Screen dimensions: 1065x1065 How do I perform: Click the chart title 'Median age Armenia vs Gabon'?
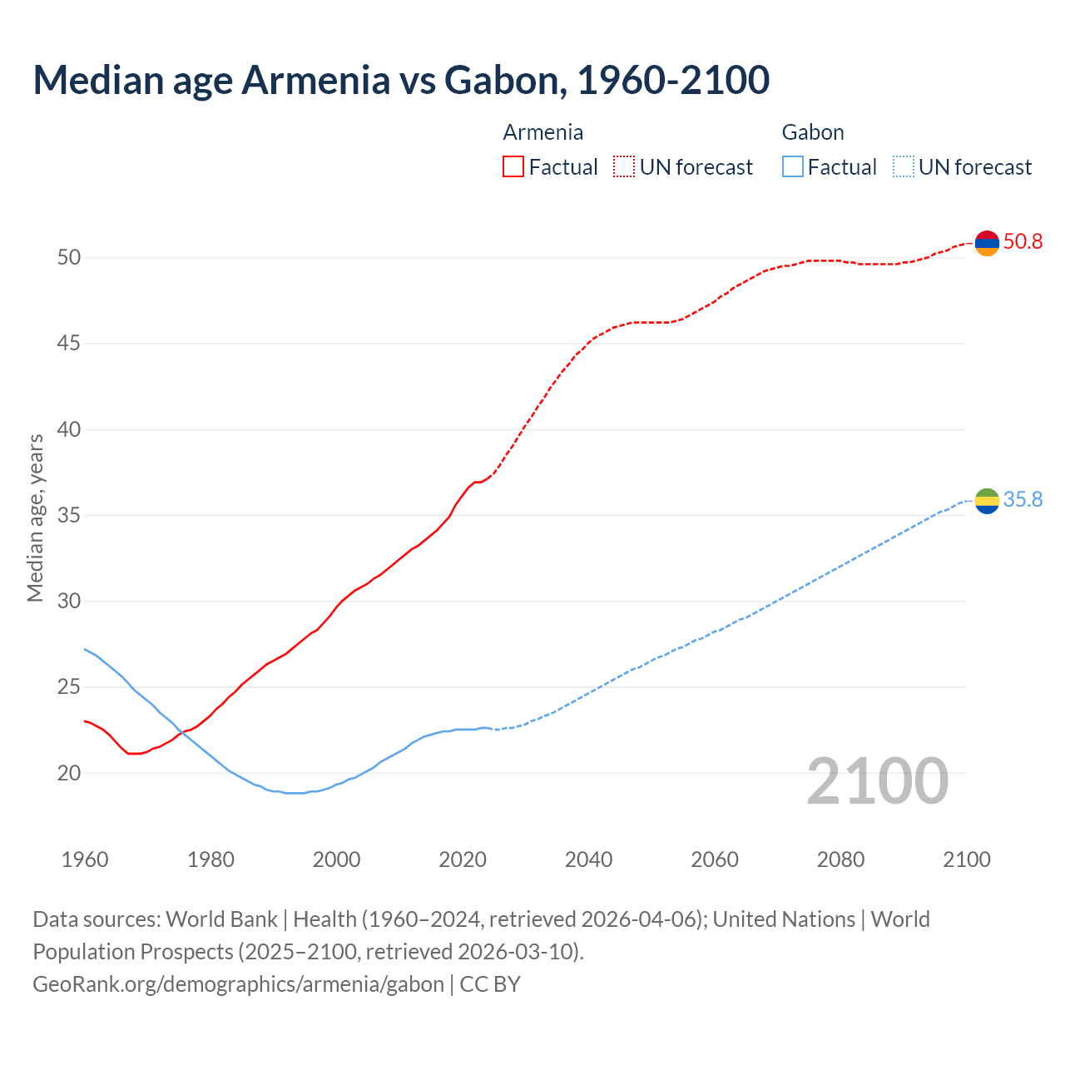coord(401,80)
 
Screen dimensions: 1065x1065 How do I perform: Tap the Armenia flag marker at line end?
coord(987,243)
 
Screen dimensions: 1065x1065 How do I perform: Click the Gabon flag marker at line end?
coord(987,501)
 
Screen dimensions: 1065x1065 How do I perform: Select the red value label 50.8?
coord(1023,242)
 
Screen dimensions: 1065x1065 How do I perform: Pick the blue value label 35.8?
coord(1023,500)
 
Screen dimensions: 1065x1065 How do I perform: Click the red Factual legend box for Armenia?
coord(513,167)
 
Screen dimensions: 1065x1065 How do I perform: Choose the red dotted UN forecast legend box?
coord(624,167)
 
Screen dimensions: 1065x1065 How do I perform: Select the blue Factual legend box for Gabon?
coord(793,167)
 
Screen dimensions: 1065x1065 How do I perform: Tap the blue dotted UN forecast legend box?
coord(903,167)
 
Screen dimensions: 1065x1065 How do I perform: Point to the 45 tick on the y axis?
coord(69,343)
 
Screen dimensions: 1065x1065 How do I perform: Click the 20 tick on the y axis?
coord(69,773)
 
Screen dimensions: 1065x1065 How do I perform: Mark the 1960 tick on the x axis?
coord(85,859)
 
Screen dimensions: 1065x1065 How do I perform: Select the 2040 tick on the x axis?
coord(588,859)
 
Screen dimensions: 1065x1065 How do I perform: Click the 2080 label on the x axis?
coord(840,859)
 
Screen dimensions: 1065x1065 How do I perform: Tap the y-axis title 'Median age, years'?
coord(35,517)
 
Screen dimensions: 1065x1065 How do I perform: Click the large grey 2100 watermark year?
coord(877,781)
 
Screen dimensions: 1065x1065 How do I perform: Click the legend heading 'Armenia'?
coord(542,132)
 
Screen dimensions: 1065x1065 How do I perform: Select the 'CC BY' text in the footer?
coord(490,984)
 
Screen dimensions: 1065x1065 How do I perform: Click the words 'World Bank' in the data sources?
coord(221,919)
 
